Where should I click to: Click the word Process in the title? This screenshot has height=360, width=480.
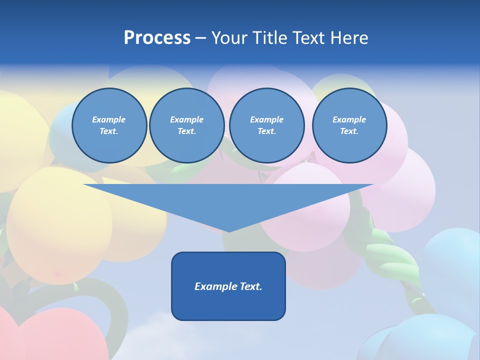[x=157, y=38]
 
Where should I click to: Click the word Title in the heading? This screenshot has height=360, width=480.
[x=269, y=38]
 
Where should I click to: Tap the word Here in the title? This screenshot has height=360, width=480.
[x=349, y=38]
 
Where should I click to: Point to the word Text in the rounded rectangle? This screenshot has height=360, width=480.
[x=248, y=286]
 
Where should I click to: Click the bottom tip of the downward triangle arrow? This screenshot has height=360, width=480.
[x=229, y=230]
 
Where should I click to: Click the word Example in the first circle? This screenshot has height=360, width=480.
[x=109, y=119]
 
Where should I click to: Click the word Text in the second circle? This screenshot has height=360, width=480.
[x=186, y=131]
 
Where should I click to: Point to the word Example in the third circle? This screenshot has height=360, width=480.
[x=266, y=119]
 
